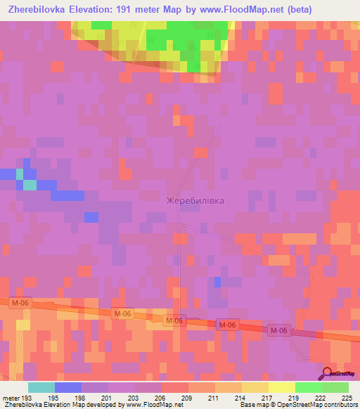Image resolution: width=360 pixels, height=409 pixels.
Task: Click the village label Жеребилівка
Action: coord(195,201)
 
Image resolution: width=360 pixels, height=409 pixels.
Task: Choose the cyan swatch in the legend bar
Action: coord(41,387)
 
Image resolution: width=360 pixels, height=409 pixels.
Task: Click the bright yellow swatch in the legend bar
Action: coord(282,387)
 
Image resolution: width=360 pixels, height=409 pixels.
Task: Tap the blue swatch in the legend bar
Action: coord(67,387)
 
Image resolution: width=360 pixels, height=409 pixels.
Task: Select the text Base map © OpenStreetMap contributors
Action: coord(296,405)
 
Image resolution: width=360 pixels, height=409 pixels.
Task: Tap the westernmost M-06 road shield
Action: coord(18,303)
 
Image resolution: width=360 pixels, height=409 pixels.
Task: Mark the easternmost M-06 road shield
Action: coord(279,330)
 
